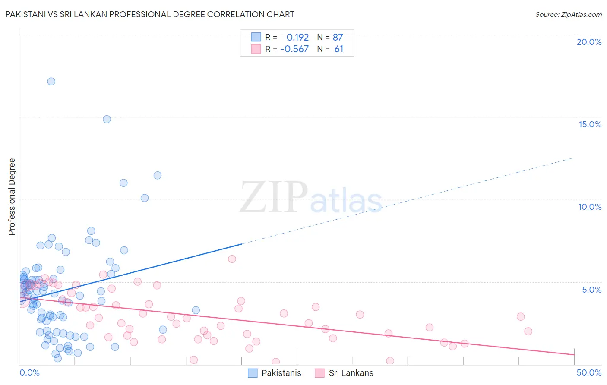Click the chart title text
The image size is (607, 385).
point(150,14)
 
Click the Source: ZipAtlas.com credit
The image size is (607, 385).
point(568,14)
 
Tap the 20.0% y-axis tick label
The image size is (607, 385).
point(589,42)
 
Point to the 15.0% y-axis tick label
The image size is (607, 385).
point(590,124)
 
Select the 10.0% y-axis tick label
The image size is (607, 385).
point(590,207)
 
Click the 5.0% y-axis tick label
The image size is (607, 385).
point(591,290)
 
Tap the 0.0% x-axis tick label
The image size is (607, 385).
point(29,372)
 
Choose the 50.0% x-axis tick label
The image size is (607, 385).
point(589,372)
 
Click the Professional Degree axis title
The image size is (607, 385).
point(12,197)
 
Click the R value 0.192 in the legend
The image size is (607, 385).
point(297,37)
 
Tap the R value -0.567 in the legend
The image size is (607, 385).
point(294,49)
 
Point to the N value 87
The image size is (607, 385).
point(338,37)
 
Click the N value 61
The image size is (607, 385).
point(339,49)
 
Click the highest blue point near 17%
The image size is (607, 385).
point(51,81)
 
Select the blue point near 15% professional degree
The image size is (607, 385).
point(107,119)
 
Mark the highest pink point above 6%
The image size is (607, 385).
point(232,259)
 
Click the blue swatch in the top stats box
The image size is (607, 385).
point(256,37)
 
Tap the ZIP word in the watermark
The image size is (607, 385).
point(274,198)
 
